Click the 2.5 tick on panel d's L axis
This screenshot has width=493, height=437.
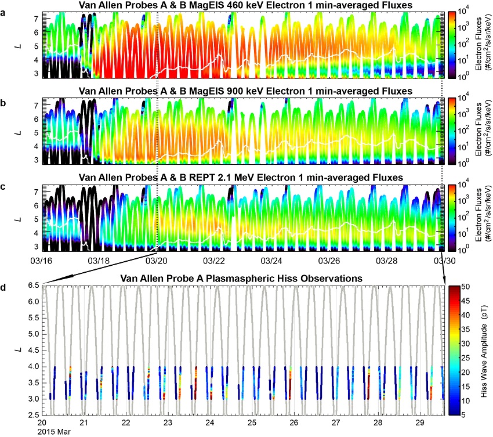tap(33, 415)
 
